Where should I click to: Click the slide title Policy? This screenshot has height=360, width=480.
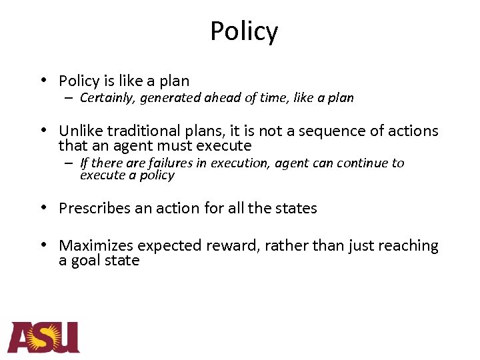coord(244,31)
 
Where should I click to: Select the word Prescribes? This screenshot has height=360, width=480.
coord(95,208)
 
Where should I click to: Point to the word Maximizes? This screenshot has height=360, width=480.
coord(95,246)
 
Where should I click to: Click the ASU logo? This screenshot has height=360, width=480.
coord(43,337)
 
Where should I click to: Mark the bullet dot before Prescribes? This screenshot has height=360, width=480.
coord(43,207)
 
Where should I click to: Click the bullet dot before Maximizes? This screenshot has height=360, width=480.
coord(43,245)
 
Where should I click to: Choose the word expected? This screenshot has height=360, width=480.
coord(173,247)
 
